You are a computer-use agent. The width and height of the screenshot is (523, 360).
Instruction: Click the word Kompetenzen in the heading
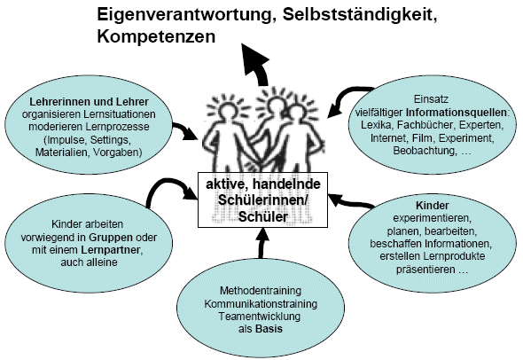156,37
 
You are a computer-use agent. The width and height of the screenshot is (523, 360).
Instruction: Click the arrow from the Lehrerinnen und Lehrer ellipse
185,130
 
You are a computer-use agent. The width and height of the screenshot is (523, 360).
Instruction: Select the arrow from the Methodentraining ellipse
261,243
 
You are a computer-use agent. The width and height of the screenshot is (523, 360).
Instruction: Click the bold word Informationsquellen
456,112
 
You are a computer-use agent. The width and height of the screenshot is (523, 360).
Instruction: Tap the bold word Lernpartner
111,250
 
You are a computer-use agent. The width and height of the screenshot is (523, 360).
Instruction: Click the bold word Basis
269,329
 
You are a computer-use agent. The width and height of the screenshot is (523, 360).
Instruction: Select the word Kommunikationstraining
261,304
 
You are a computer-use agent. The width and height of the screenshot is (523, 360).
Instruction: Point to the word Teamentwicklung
259,317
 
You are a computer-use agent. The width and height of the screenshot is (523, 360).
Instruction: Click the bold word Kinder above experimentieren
432,205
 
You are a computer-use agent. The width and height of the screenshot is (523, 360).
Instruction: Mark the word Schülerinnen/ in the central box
263,200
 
